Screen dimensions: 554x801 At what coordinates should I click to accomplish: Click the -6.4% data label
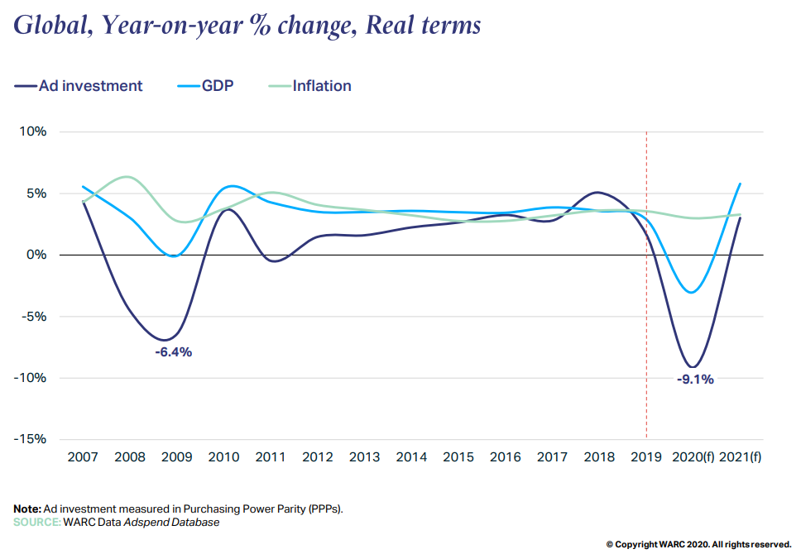173,352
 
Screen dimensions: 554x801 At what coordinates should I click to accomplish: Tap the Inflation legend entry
321,86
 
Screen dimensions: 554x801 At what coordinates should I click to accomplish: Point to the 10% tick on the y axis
33,132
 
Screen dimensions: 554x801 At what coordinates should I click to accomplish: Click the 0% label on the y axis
36,255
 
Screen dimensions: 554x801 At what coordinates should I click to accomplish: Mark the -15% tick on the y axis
30,439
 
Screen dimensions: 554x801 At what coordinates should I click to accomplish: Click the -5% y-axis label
33,317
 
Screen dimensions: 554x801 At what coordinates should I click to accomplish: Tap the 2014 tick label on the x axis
411,458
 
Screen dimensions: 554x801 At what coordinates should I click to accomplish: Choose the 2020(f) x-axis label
693,458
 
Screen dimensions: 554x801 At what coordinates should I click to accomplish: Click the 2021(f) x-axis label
740,458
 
